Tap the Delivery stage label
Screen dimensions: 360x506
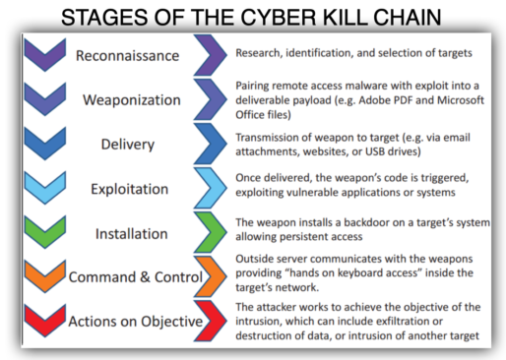127,144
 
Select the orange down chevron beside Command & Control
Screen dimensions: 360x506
42,278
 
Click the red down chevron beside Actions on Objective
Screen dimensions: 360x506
42,322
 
